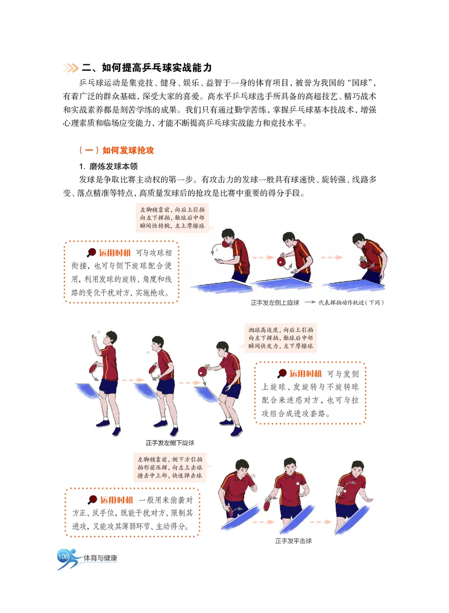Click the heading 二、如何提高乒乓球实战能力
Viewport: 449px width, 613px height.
146,68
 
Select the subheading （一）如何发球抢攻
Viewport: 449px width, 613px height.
117,151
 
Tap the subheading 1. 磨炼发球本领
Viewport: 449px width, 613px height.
106,166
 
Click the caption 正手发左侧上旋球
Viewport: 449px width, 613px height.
275,303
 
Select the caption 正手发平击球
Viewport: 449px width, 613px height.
293,541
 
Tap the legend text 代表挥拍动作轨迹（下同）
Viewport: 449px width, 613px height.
351,303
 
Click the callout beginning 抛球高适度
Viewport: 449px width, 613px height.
281,338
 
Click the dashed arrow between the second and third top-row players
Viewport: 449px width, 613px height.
327,259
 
